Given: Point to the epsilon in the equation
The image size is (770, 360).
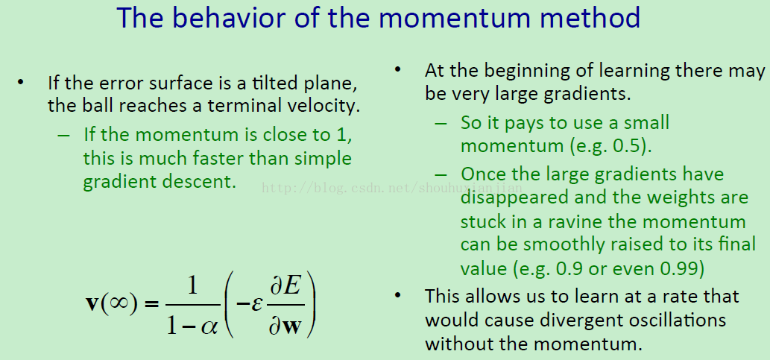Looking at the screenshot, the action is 256,304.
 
